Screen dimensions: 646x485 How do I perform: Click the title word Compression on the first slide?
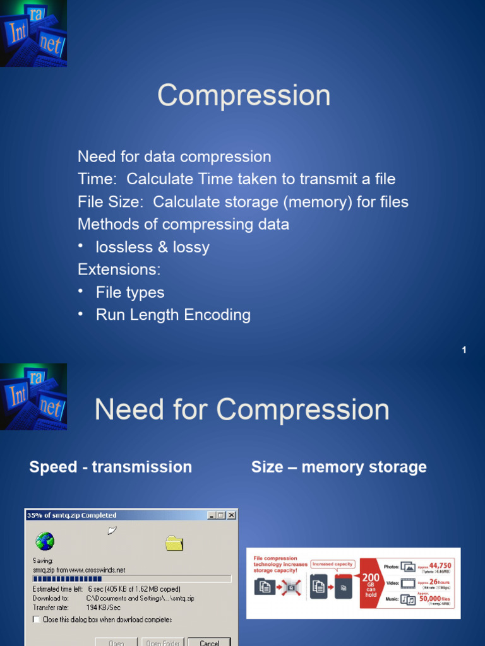coord(244,96)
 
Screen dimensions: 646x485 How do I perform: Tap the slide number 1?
coord(464,350)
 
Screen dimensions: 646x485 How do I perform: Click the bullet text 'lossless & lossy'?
coord(152,247)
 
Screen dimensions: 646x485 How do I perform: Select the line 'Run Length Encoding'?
coord(173,315)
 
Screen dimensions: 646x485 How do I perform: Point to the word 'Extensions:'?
coord(119,270)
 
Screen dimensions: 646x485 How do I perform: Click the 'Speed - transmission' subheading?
coord(111,467)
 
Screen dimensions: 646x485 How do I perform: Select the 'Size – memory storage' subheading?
coord(339,467)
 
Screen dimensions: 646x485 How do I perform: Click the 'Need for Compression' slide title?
coord(242,410)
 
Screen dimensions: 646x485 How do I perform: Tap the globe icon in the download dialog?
coord(45,541)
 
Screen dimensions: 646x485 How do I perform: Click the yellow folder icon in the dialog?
coord(174,543)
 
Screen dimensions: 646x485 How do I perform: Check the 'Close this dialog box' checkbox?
coord(36,620)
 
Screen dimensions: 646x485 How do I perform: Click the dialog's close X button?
coord(232,515)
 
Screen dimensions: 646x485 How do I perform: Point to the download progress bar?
coord(131,578)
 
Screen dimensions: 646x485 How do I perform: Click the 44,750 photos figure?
coord(440,566)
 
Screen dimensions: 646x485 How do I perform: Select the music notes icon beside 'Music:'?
coord(408,600)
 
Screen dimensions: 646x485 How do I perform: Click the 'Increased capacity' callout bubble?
coord(333,564)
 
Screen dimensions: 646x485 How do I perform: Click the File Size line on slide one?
coord(243,202)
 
